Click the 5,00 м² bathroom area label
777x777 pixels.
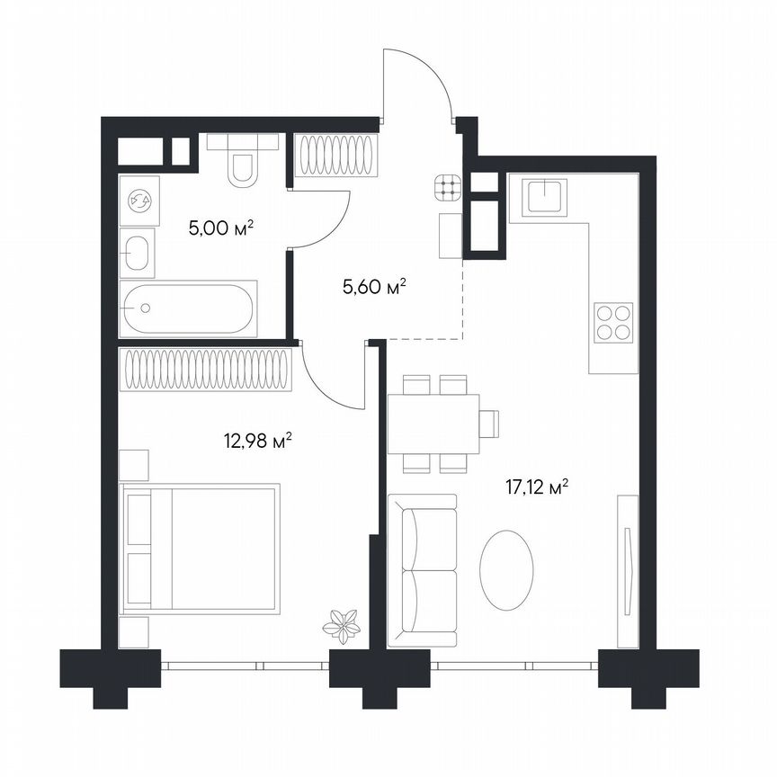[220, 228]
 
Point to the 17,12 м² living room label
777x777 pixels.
[539, 488]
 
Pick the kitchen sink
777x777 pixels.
[547, 195]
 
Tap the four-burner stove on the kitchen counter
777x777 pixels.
[612, 321]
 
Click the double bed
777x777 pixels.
[200, 548]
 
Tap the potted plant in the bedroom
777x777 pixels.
[343, 622]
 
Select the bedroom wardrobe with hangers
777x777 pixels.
[205, 369]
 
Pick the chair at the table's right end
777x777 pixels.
[488, 423]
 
